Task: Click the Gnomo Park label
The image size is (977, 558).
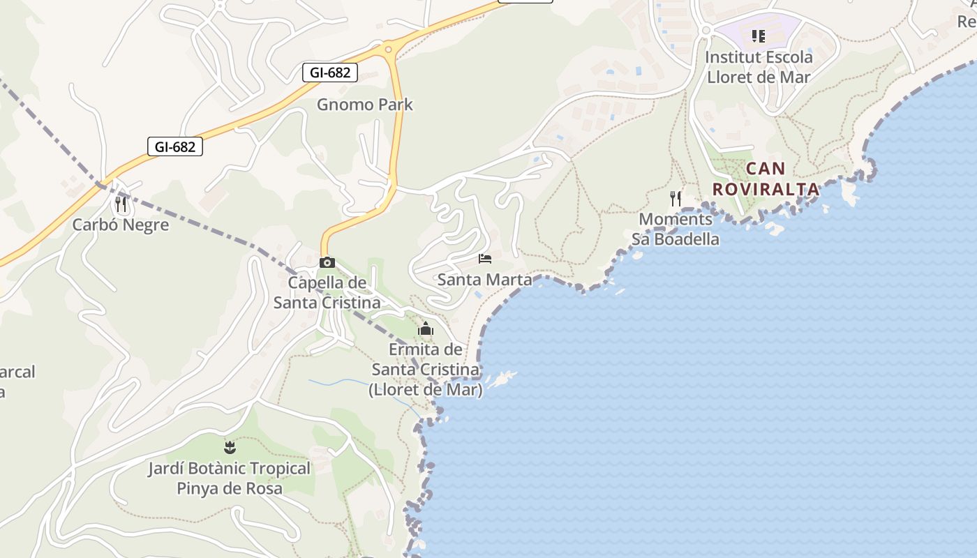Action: (365, 105)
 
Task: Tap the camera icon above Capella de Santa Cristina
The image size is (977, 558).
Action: (327, 263)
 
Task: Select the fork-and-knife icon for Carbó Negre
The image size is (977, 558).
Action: (121, 204)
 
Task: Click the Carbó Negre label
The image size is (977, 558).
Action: (121, 225)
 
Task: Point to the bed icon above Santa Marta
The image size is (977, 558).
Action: (485, 259)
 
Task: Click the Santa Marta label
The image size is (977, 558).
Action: (484, 280)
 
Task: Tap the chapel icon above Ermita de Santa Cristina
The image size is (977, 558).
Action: (426, 329)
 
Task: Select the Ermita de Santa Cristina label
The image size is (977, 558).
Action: (426, 369)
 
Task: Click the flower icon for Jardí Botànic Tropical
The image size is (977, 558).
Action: (230, 447)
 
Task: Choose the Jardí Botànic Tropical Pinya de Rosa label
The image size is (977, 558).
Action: (230, 478)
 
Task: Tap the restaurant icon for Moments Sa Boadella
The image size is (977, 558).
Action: (676, 199)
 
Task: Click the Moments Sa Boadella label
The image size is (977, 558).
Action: (676, 229)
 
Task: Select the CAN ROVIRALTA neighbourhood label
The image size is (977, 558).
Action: (766, 179)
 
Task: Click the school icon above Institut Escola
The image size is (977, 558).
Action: (759, 36)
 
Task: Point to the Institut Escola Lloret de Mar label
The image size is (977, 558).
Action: (759, 66)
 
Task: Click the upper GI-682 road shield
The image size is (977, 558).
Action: (330, 72)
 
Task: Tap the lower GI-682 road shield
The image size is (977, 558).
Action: (175, 146)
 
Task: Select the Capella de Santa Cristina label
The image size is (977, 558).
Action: (327, 292)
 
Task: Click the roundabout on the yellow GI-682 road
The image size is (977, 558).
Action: (388, 49)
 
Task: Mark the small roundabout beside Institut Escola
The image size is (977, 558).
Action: (705, 31)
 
